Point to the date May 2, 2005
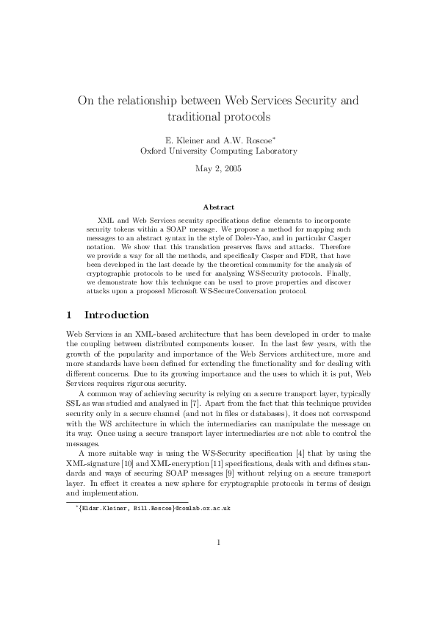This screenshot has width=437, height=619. [218, 168]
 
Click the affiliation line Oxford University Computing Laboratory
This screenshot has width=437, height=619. [218, 151]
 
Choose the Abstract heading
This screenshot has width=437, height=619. [218, 207]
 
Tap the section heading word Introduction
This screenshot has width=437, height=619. [117, 315]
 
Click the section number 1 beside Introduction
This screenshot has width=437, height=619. [69, 315]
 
